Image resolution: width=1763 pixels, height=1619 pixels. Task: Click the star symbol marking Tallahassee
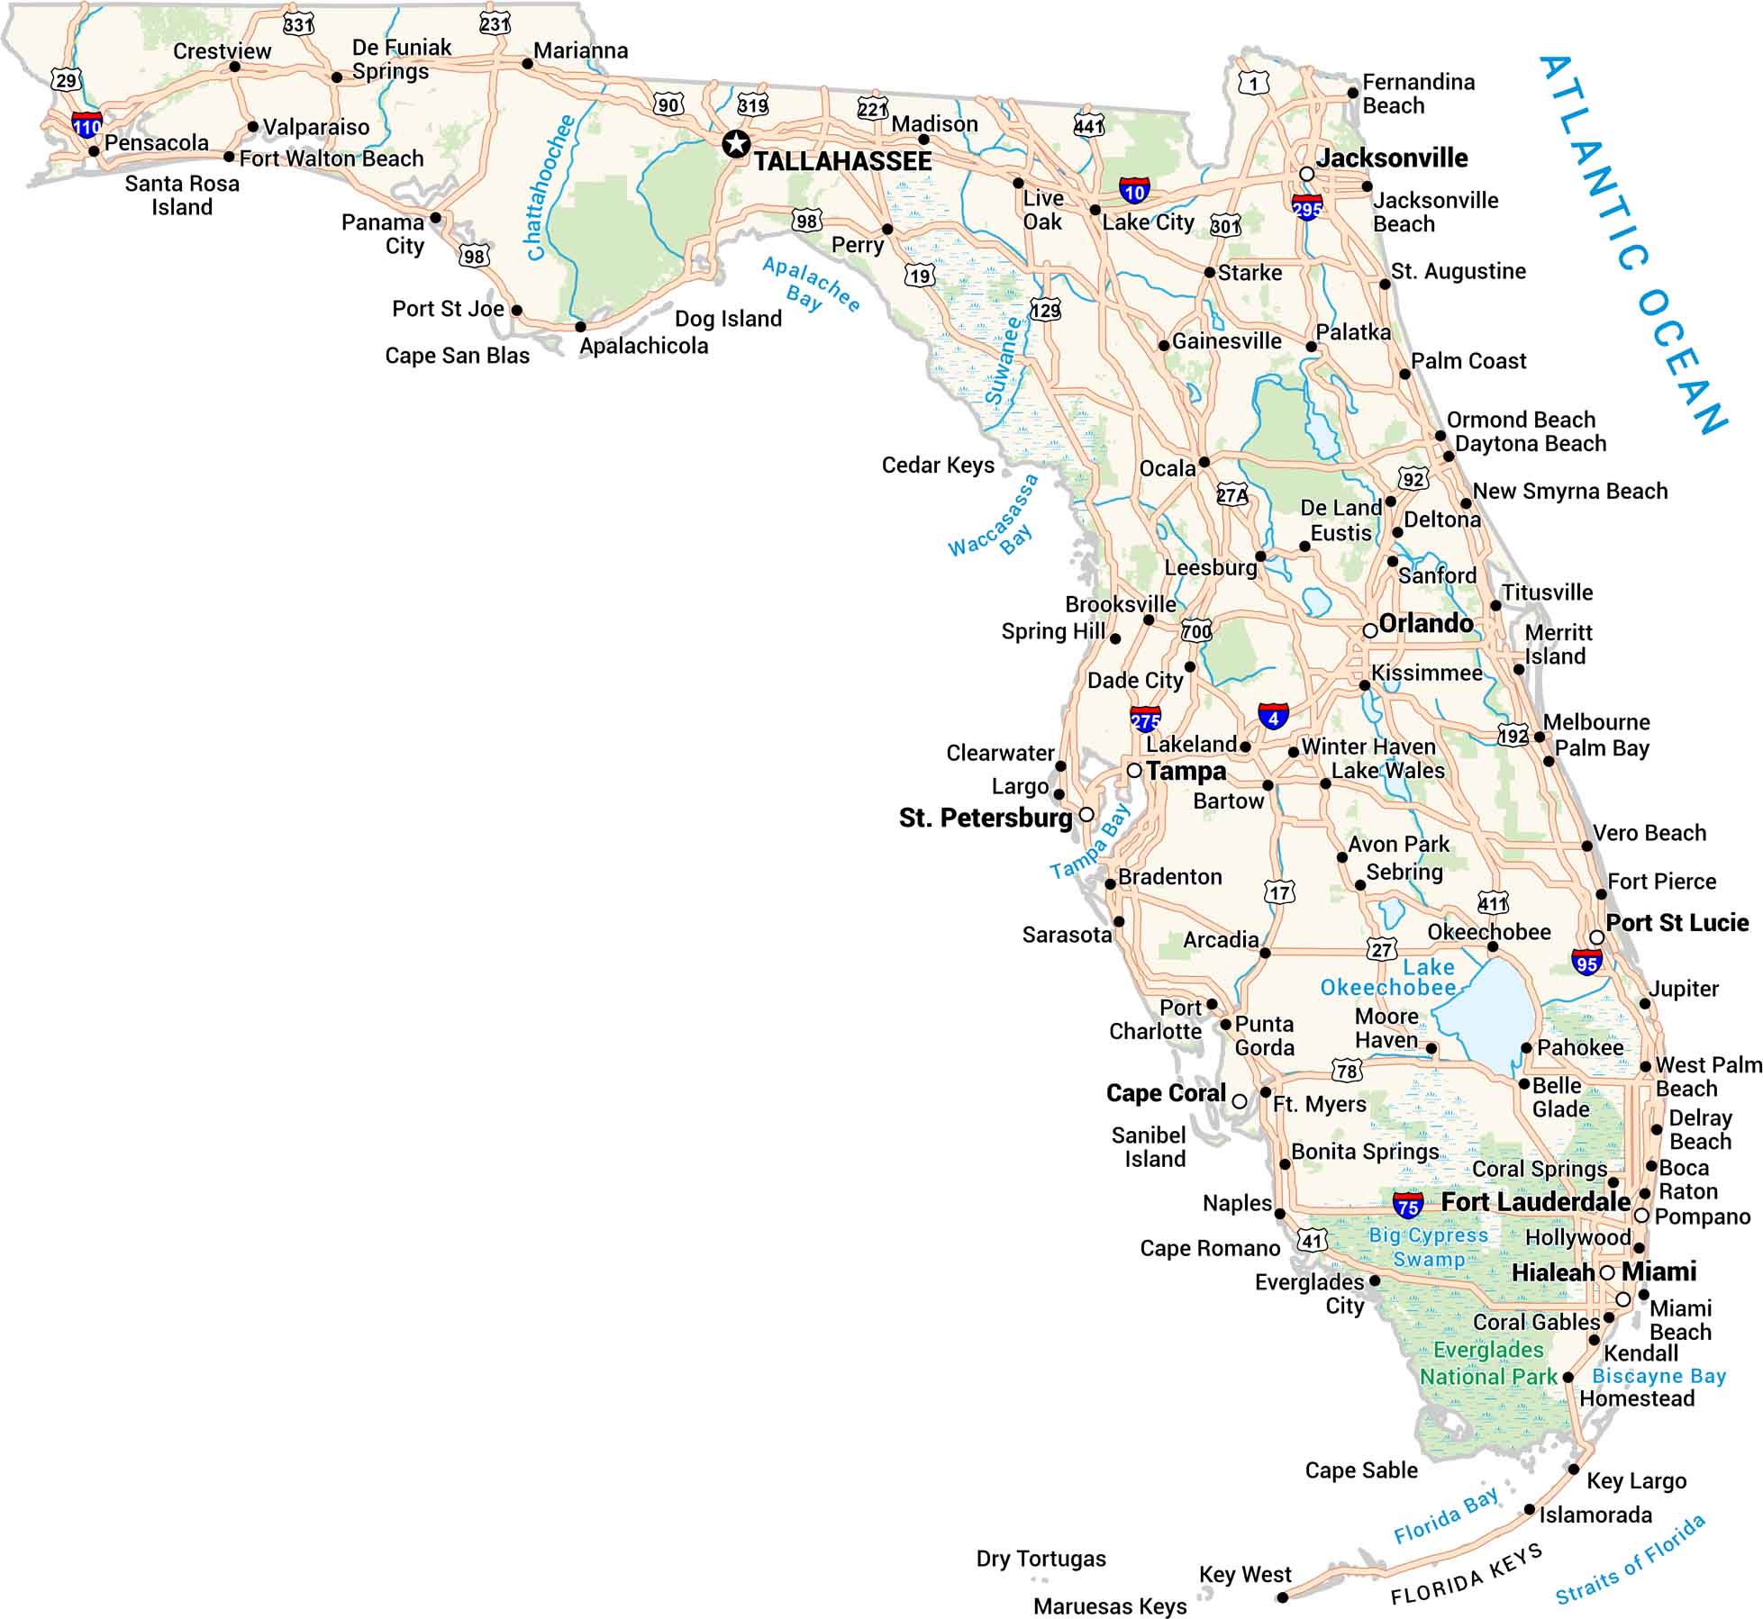736,143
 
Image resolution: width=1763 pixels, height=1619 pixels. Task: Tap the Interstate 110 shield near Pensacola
87,124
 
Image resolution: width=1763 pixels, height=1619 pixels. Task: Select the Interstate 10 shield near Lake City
1134,190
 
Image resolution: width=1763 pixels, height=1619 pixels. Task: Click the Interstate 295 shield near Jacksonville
1307,206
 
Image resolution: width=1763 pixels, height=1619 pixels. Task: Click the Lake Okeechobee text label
1388,978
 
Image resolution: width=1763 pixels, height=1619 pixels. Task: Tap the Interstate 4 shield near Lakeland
1273,716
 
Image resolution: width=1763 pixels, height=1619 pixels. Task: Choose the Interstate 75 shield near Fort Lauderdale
1408,1204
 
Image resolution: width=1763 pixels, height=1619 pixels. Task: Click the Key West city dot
1282,1597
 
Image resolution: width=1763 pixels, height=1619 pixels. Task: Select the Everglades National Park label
1488,1363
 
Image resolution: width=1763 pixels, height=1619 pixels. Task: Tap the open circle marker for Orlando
1369,630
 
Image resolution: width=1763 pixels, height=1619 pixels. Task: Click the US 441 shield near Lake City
1088,125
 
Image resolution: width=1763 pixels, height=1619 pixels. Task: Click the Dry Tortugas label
1041,1559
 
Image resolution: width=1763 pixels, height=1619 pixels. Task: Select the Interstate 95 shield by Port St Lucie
1586,962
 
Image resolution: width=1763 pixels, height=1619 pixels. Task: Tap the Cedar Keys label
938,466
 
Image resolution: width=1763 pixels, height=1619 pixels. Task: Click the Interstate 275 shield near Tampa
1145,719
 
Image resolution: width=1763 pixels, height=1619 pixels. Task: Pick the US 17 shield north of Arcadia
1280,892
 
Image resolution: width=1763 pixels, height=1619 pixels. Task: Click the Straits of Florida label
1630,1560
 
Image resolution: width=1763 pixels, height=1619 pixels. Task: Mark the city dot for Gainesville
1164,345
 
